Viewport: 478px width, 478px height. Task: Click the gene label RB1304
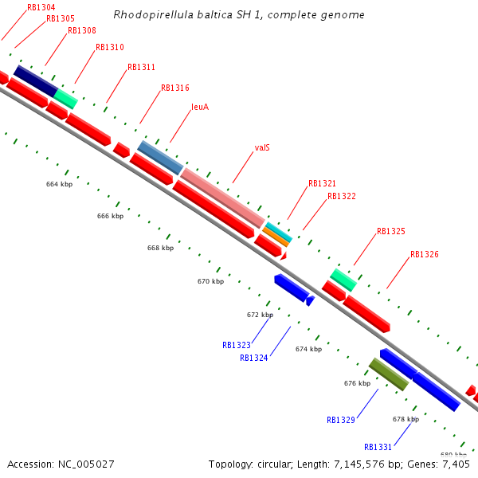[41, 7]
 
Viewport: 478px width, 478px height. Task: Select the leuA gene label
[200, 107]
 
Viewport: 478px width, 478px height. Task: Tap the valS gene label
[262, 147]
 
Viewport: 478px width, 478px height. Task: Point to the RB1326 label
[424, 255]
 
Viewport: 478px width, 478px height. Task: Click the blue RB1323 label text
[237, 346]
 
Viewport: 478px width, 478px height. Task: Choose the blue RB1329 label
[341, 420]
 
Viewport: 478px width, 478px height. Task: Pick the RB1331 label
[378, 447]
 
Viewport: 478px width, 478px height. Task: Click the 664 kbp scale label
[59, 184]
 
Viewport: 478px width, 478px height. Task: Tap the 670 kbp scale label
[210, 281]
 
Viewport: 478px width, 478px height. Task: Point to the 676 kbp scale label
[357, 383]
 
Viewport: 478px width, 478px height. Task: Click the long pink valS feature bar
[223, 198]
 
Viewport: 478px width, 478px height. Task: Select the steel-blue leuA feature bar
[160, 158]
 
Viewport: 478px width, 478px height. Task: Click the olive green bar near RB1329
[389, 374]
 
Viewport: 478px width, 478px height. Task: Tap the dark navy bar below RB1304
[35, 80]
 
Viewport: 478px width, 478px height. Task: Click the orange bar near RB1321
[276, 237]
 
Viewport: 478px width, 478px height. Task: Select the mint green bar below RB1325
[343, 280]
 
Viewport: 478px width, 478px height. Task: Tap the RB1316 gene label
[175, 88]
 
